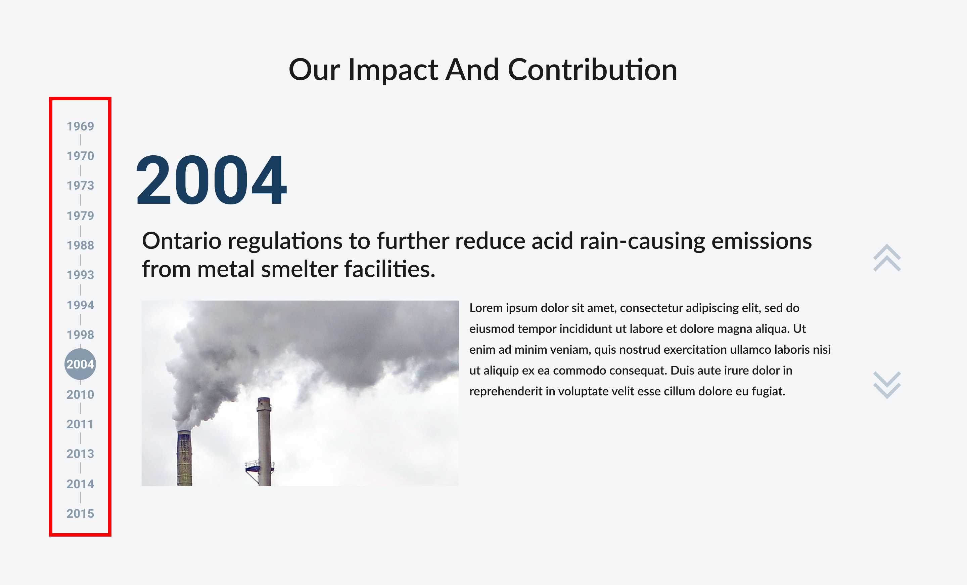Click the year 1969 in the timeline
(81, 126)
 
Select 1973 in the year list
(81, 186)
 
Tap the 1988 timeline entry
(81, 245)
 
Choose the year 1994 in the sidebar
(81, 305)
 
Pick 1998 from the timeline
(81, 334)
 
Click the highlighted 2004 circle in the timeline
(80, 364)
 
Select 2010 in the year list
(81, 394)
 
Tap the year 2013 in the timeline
(81, 454)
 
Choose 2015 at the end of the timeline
(81, 513)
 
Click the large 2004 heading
(212, 180)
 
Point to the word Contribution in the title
(593, 70)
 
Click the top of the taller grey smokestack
(264, 399)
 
